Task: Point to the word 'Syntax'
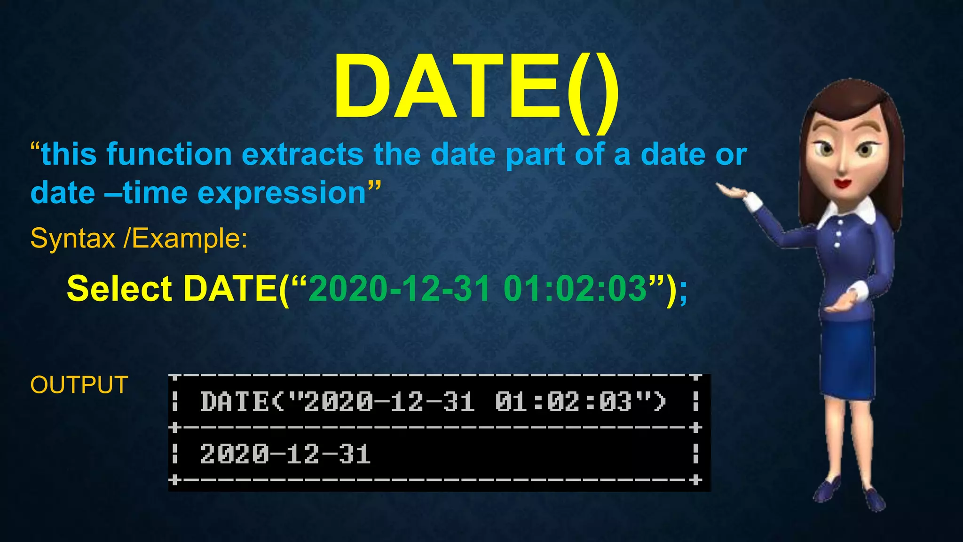[x=72, y=238]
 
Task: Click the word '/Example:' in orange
[x=185, y=238]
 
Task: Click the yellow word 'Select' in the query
[x=119, y=288]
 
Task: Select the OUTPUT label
[x=79, y=385]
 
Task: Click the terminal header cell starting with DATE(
[x=433, y=402]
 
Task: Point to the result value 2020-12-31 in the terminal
[x=285, y=454]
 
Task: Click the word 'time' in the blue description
[x=155, y=193]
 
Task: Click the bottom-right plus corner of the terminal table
[x=695, y=480]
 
